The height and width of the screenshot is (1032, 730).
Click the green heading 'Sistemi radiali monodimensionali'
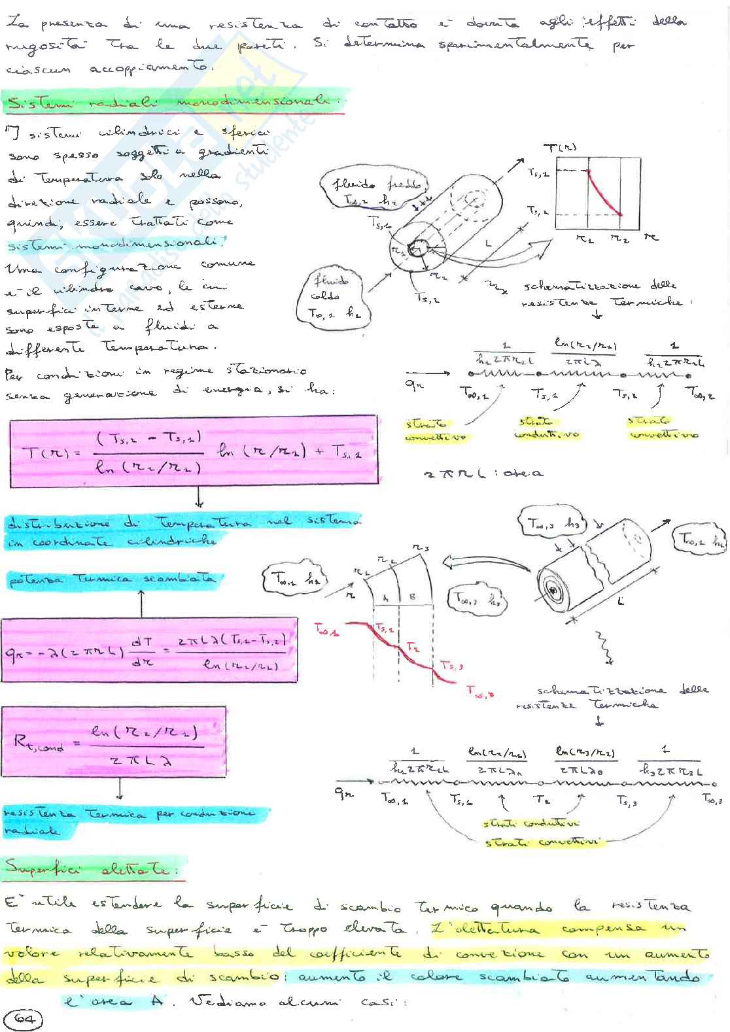(173, 105)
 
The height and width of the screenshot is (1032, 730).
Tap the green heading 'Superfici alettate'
(93, 869)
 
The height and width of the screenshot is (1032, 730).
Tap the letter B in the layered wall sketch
(411, 598)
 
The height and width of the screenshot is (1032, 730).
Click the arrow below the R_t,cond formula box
(120, 791)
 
